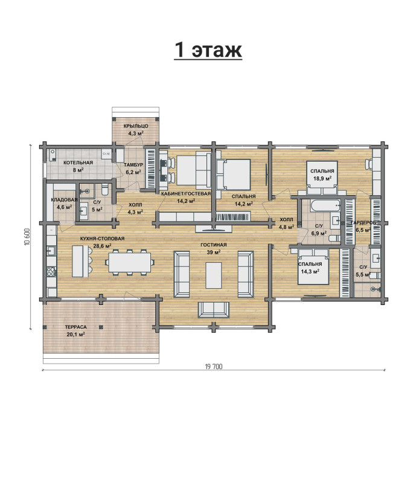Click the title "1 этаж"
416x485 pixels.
208,50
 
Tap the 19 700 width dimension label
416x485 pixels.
213,367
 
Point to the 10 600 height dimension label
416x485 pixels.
27,237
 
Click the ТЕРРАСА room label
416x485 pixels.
76,327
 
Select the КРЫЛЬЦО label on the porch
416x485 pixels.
136,126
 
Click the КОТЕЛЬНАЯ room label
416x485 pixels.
78,162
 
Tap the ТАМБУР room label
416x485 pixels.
133,165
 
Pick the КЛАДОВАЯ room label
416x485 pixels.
64,200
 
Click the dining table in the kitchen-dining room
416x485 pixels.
130,262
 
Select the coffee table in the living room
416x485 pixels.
213,275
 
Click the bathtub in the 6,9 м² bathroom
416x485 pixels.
325,205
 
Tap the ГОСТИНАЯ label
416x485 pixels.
213,245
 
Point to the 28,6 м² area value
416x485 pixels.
102,246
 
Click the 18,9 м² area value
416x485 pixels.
322,178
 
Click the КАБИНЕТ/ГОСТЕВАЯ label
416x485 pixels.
186,194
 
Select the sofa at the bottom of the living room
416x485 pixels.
213,310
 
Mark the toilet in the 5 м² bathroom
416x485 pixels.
104,189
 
